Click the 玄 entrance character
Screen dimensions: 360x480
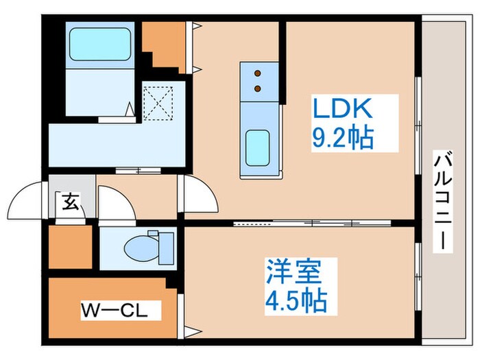coord(70,202)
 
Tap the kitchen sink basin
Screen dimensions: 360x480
coord(259,146)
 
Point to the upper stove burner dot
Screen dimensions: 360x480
coord(259,73)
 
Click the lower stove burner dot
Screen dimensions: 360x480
coord(259,88)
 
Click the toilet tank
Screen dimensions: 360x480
coord(166,245)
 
